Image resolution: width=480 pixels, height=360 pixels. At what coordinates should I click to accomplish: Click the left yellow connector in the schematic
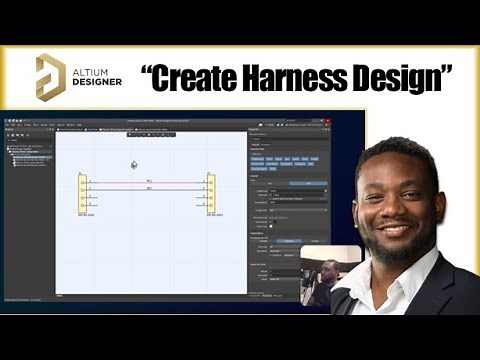click(x=83, y=192)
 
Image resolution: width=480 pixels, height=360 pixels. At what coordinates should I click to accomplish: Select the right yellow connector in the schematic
click(x=210, y=192)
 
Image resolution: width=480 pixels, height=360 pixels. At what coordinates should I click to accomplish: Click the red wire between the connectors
click(x=147, y=183)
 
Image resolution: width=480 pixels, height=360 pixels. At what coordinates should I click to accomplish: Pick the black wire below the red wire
click(x=147, y=190)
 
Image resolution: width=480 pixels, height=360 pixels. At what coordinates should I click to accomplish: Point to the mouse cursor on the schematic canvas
click(x=133, y=164)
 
